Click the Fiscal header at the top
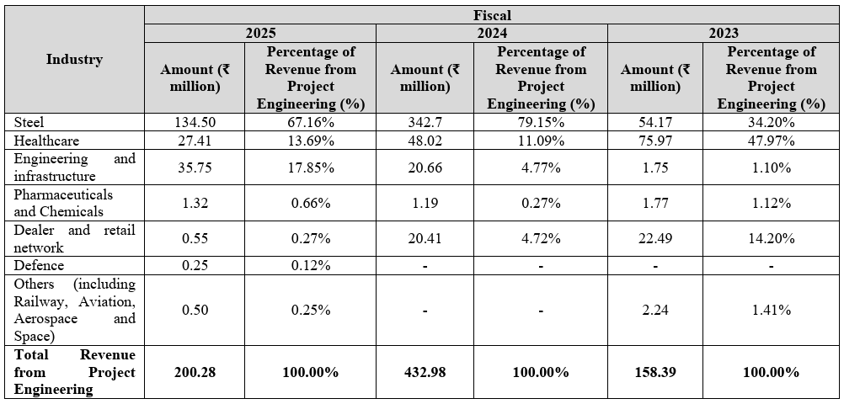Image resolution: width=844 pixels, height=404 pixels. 493,15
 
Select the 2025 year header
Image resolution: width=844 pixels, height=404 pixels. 260,34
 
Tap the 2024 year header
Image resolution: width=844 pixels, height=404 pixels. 491,34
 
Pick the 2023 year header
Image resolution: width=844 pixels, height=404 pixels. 723,34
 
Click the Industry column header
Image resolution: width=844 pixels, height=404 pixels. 74,59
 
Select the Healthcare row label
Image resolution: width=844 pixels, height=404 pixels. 46,141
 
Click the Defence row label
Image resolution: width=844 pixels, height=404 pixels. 39,266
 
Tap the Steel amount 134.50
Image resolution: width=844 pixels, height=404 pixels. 195,123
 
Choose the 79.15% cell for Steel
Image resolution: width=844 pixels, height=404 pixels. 541,123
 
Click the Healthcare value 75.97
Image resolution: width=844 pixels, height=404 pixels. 655,141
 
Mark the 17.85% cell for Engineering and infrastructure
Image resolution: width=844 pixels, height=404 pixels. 311,167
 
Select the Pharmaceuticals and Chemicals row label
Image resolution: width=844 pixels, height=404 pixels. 63,203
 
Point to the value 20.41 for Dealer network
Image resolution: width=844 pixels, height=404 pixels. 425,239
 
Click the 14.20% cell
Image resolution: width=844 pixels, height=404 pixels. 772,239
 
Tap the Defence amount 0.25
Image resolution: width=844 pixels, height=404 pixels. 195,266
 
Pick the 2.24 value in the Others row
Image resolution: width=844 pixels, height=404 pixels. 655,311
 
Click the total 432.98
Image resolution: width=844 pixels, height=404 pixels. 425,373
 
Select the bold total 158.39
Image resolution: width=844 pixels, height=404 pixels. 655,373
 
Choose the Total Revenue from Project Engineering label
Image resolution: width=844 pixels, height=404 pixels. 75,373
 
